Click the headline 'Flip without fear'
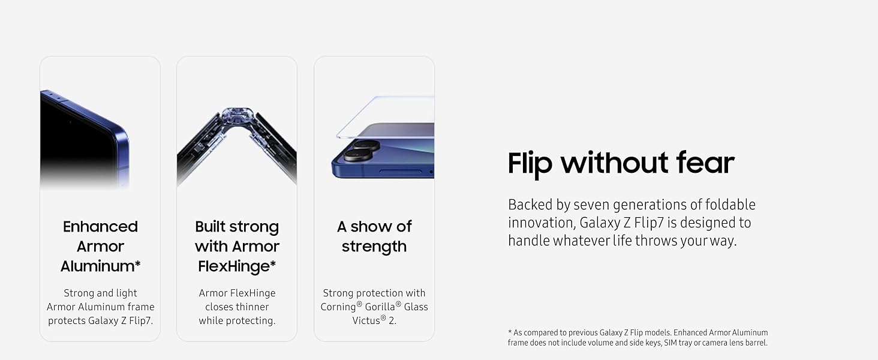621,163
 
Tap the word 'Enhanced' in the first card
100,227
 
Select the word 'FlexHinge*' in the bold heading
237,266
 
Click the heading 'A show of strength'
374,236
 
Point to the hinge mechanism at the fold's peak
237,117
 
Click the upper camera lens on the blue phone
366,145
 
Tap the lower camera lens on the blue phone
358,155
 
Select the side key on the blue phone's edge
401,172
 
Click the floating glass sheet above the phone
386,117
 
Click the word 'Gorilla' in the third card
380,307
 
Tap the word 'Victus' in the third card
366,321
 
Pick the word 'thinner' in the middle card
254,307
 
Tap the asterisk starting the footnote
510,332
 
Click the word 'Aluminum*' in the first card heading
100,266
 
